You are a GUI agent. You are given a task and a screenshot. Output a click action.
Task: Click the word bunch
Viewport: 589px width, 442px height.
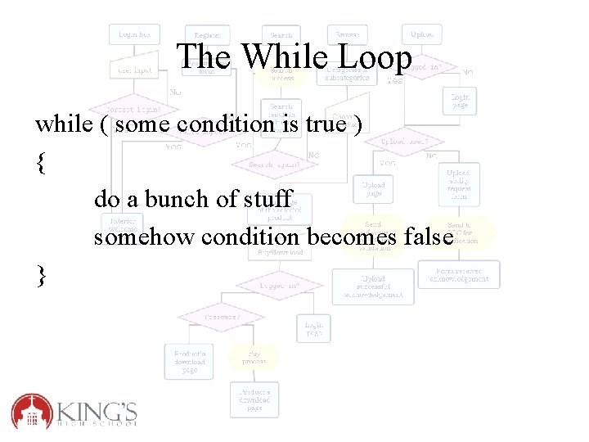[x=184, y=199]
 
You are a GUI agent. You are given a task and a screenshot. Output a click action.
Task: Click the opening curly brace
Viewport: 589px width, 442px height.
[x=41, y=162]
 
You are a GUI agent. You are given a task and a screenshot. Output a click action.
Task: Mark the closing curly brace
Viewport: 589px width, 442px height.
[x=41, y=276]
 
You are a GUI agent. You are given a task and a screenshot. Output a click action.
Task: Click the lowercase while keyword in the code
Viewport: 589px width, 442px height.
[x=64, y=124]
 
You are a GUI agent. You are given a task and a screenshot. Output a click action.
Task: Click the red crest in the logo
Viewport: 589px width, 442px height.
[x=31, y=411]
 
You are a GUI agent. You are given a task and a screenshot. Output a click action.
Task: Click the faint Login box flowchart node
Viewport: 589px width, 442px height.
[x=133, y=34]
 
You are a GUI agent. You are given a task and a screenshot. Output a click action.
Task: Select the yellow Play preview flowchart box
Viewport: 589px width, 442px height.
[x=254, y=357]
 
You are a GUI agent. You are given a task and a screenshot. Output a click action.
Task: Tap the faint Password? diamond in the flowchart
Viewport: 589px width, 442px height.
[x=222, y=314]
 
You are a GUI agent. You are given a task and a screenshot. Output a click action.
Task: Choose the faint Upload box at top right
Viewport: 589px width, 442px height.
[x=422, y=34]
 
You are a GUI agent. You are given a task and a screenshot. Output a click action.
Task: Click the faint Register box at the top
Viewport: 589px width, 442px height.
[x=208, y=34]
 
